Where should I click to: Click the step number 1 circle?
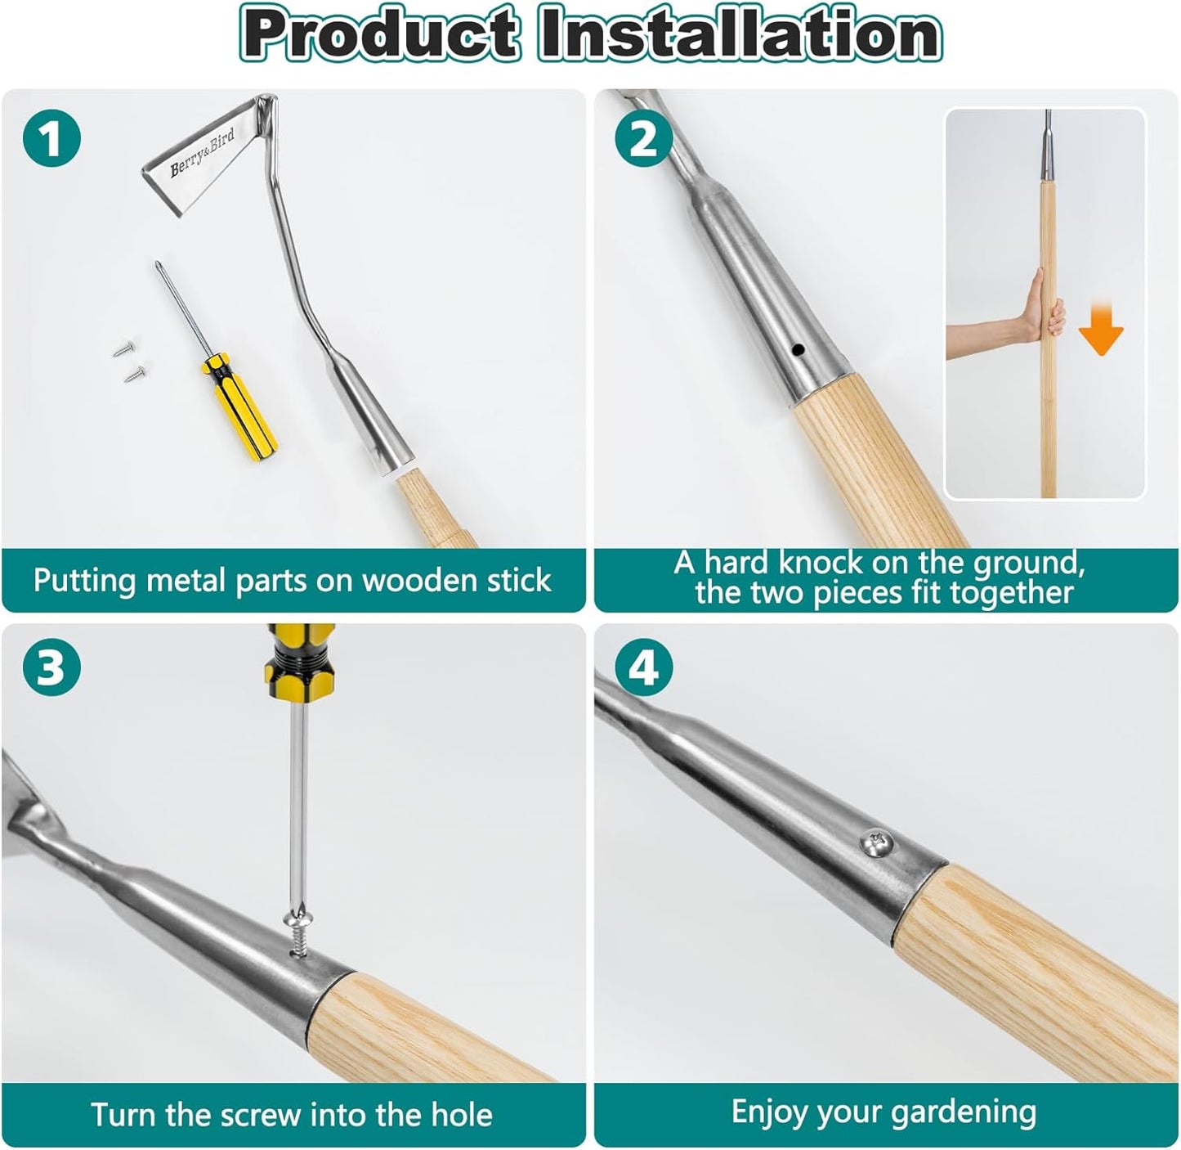[x=52, y=137]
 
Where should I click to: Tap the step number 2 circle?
[x=644, y=137]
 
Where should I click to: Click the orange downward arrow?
[x=1101, y=330]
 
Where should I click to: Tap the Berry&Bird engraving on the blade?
[x=202, y=153]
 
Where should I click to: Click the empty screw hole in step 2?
[x=799, y=350]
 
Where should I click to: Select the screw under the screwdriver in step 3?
[x=297, y=929]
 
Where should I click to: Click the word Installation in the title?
[x=739, y=34]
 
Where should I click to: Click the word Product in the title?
[x=381, y=34]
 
